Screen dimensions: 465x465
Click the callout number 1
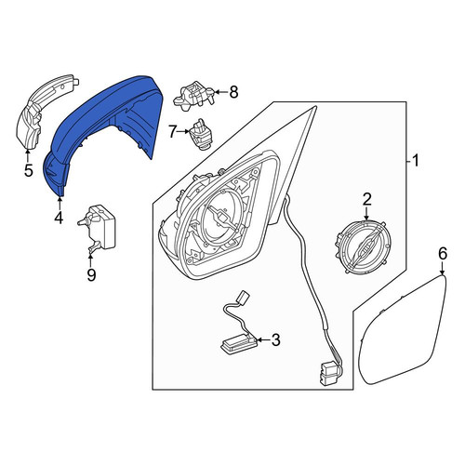(x=416, y=161)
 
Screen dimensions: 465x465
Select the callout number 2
(x=366, y=200)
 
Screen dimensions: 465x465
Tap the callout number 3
(x=275, y=339)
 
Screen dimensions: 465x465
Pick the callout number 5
(x=28, y=170)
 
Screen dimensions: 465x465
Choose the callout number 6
(x=443, y=254)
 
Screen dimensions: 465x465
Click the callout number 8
(x=233, y=92)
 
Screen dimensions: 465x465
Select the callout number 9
(x=91, y=274)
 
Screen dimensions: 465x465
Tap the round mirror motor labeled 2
(x=360, y=246)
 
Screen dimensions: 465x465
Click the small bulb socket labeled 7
(x=201, y=133)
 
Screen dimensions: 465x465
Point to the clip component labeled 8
(x=193, y=94)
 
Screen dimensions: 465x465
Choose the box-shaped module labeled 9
(x=100, y=228)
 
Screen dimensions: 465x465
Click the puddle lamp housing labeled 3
(x=239, y=342)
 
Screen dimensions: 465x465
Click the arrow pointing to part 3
(x=263, y=340)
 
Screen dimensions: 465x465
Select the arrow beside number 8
(x=220, y=92)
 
